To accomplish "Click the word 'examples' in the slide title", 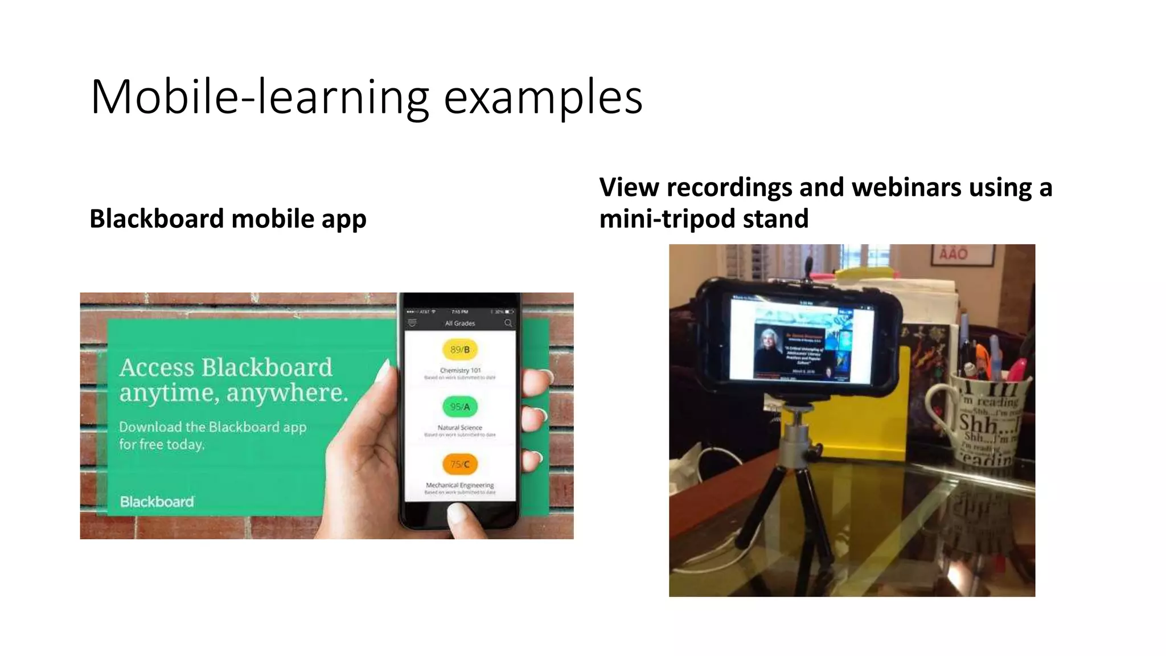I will (543, 98).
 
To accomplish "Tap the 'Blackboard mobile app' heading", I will (228, 219).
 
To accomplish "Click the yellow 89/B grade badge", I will (460, 349).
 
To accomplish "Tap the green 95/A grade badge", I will (460, 407).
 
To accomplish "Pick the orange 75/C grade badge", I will (460, 464).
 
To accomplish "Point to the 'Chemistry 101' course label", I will (460, 370).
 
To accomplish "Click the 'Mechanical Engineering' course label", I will (460, 485).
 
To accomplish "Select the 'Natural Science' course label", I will (460, 427).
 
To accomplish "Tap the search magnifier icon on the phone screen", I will (508, 323).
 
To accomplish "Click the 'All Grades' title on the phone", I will (460, 323).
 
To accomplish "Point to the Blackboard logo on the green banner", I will (157, 502).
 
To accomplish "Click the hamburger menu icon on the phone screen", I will (412, 323).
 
